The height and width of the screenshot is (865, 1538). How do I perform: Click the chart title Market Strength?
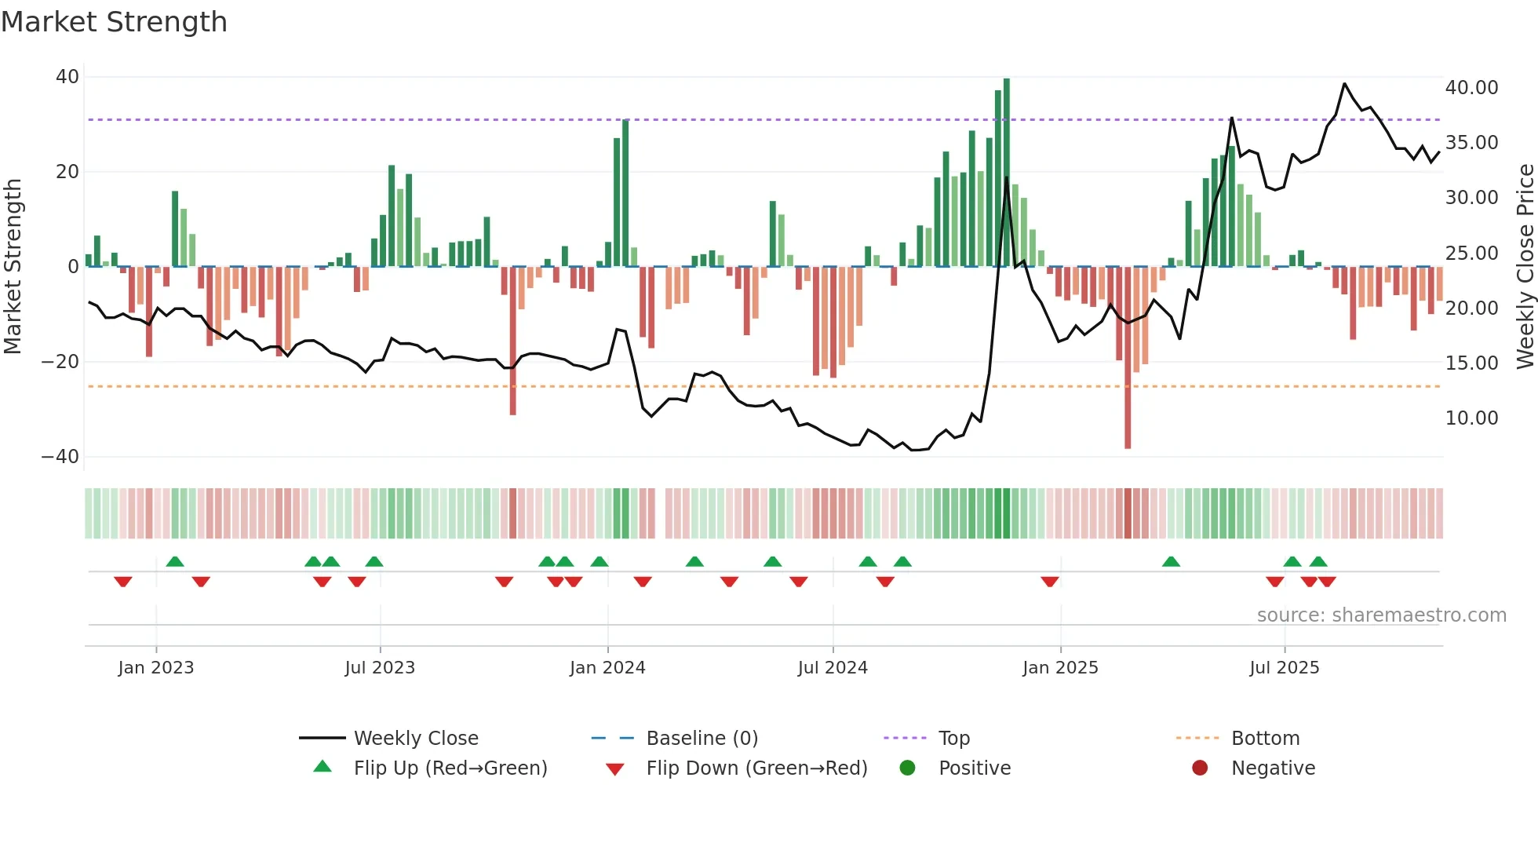click(114, 22)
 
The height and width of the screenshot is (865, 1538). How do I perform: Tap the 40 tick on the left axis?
click(67, 77)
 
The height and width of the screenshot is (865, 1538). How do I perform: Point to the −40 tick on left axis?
click(60, 457)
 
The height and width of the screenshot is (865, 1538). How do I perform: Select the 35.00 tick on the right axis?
click(1471, 143)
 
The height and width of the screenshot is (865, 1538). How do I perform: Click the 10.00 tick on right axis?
click(1471, 418)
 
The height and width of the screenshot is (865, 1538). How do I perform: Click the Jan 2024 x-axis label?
click(607, 668)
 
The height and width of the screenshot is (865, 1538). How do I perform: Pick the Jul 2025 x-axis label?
click(1284, 668)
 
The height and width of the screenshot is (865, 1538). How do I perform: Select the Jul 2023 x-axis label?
click(380, 668)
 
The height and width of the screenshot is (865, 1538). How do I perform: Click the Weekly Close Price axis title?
click(1525, 267)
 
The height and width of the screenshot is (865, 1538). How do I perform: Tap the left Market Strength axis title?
click(13, 267)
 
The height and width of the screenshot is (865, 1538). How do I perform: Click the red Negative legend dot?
click(1200, 768)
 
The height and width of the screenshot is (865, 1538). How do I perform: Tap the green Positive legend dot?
click(907, 768)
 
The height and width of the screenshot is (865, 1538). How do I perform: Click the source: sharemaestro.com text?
click(1381, 615)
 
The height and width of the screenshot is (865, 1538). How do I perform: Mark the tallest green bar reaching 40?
click(1007, 173)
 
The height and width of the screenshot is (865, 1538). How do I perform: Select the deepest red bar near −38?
click(1128, 357)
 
